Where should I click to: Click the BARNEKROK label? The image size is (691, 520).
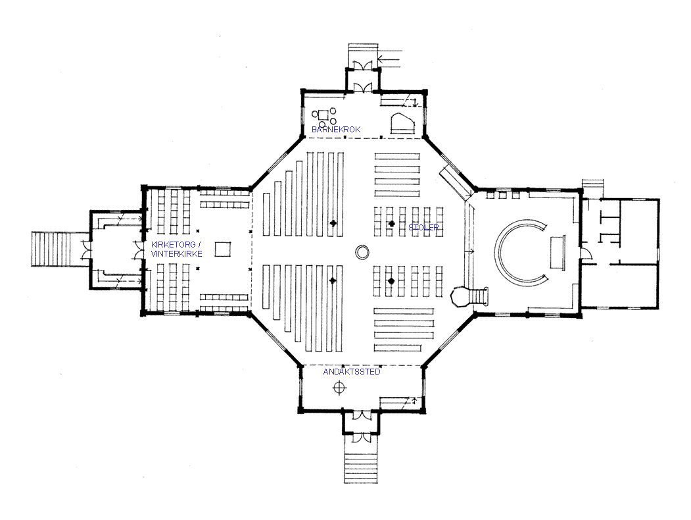coord(336,129)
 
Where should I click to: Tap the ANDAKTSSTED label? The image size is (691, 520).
coord(351,372)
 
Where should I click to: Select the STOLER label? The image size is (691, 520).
coord(423,228)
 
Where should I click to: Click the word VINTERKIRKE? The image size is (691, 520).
coord(176,254)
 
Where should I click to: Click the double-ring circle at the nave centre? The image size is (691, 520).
coord(362,252)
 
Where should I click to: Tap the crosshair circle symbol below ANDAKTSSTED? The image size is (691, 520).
coord(339,388)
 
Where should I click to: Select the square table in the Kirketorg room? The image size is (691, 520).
coord(222,249)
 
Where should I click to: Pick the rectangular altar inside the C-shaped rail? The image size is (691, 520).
coord(557,252)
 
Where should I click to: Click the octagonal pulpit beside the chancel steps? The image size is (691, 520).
coord(459,296)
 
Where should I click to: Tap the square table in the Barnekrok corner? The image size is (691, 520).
coord(323,116)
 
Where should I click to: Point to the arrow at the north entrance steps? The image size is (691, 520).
coord(390,59)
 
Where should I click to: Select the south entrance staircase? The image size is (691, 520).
coord(361,462)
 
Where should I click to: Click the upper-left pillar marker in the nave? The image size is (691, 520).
coord(333,223)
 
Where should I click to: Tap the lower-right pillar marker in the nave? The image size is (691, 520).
coord(391,281)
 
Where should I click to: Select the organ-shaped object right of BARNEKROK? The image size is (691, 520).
coord(403,123)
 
